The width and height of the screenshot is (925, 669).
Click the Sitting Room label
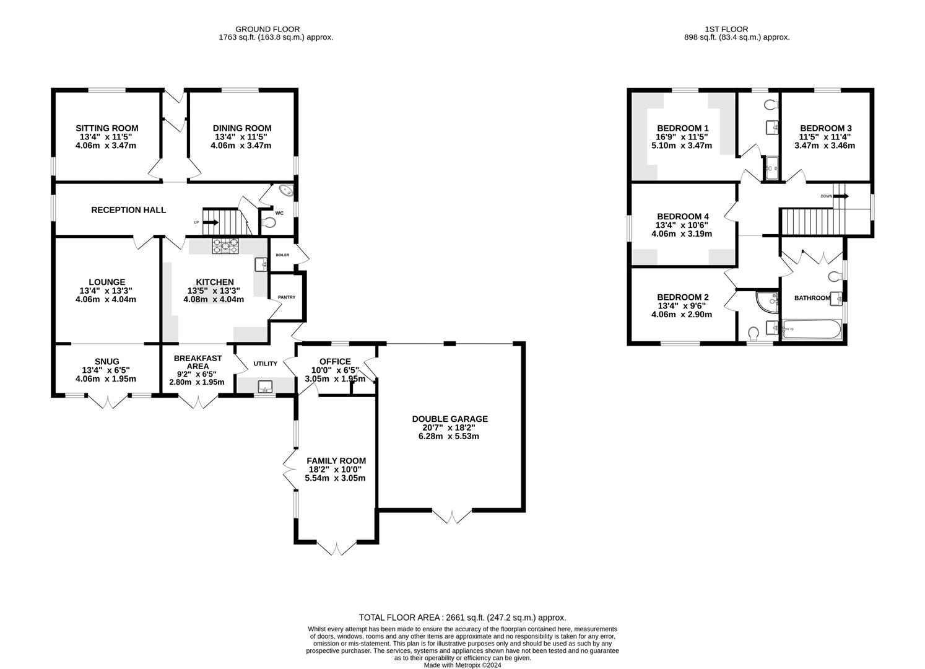tap(107, 128)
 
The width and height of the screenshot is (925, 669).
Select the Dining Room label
tap(243, 128)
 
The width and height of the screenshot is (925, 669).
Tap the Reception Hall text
tap(128, 210)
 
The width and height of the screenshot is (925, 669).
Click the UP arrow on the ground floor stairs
tap(211, 222)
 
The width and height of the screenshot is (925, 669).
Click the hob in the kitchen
tap(225, 247)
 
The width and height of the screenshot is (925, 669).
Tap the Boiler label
tap(282, 255)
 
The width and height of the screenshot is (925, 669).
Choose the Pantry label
tap(286, 297)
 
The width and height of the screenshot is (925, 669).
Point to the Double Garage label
tap(449, 419)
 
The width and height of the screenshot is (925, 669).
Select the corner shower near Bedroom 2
tap(768, 301)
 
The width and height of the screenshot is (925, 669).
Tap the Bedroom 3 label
tap(825, 128)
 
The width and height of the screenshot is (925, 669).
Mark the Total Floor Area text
tap(463, 618)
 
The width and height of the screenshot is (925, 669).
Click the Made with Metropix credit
tap(463, 665)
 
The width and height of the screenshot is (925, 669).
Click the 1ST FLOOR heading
tap(726, 29)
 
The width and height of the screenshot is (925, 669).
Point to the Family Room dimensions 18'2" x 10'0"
tap(336, 470)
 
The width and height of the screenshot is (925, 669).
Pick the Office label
tap(335, 362)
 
